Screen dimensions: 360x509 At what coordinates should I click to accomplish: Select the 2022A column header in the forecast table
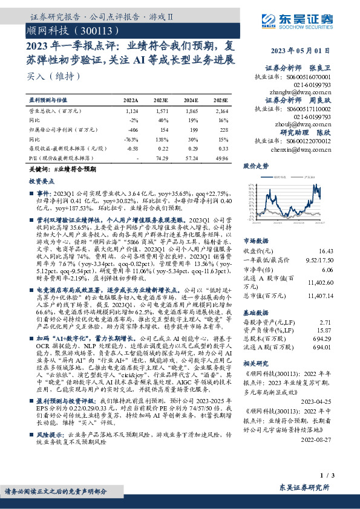[131, 100]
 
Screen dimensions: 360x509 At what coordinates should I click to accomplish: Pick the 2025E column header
[220, 100]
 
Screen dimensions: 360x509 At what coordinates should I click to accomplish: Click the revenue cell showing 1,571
[160, 111]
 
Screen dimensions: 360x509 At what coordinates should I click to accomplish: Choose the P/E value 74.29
[161, 157]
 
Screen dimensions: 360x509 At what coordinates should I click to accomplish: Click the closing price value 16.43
[325, 250]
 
